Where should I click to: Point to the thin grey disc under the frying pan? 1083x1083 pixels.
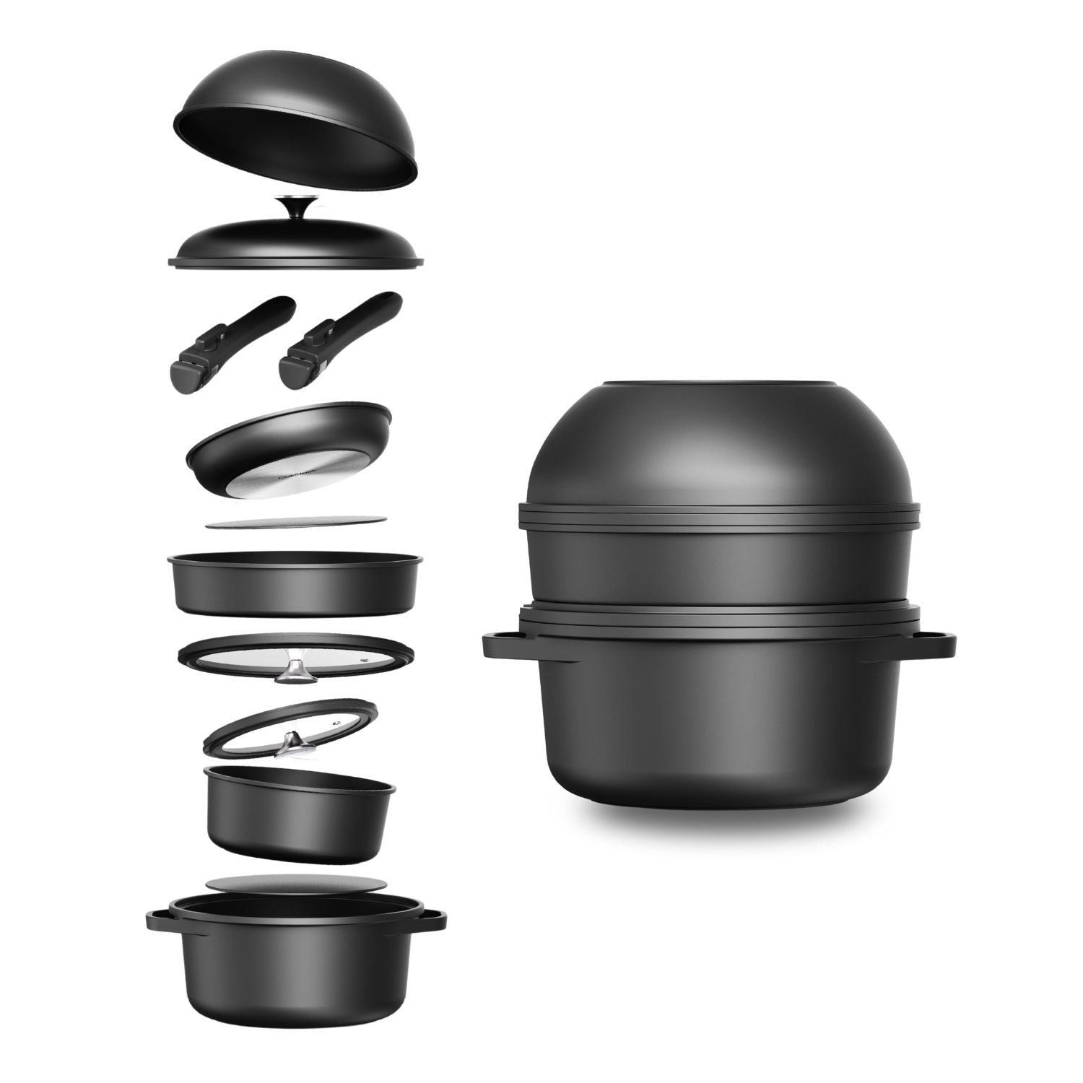pos(296,523)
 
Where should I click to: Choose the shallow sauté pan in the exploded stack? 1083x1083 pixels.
pos(294,583)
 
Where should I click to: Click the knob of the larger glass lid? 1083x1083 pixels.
pos(294,671)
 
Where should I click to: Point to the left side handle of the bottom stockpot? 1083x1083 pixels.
pos(159,919)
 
